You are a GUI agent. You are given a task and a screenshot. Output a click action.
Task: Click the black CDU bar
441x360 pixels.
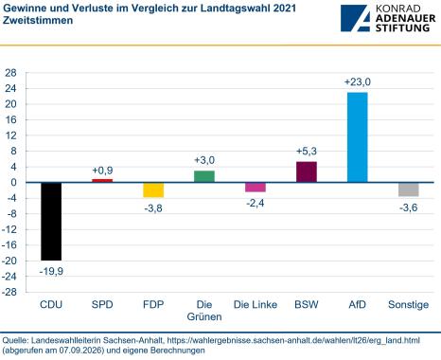51,222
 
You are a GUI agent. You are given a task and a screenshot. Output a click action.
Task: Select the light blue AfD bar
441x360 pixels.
358,137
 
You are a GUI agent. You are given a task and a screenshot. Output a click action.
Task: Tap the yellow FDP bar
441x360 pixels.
153,190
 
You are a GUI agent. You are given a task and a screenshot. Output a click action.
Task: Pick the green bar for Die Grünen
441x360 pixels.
204,176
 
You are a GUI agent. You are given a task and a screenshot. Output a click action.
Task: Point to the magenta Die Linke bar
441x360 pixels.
256,188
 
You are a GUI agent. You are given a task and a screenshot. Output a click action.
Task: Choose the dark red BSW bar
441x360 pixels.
307,172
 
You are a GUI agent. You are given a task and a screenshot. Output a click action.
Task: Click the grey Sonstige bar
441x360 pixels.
409,189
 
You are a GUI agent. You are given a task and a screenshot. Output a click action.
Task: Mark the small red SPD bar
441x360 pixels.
102,181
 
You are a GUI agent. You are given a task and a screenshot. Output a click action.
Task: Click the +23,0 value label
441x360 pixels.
358,82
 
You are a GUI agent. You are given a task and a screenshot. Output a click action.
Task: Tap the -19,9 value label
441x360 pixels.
51,271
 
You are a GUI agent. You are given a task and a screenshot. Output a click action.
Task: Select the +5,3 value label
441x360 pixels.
307,152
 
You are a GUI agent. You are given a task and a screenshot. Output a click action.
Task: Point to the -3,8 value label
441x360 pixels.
153,208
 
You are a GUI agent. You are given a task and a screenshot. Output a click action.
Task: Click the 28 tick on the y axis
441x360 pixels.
10,73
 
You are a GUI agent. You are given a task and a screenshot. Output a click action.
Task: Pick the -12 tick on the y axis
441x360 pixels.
9,229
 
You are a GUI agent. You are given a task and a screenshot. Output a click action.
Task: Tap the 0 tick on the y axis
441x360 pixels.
13,183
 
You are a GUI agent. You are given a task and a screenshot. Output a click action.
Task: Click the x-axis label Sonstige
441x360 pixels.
409,305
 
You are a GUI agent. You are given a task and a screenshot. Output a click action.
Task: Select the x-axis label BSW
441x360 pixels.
307,305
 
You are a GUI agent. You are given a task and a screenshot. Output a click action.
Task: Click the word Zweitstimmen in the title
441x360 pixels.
38,20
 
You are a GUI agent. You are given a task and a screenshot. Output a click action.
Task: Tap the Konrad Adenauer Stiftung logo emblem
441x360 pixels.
355,18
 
